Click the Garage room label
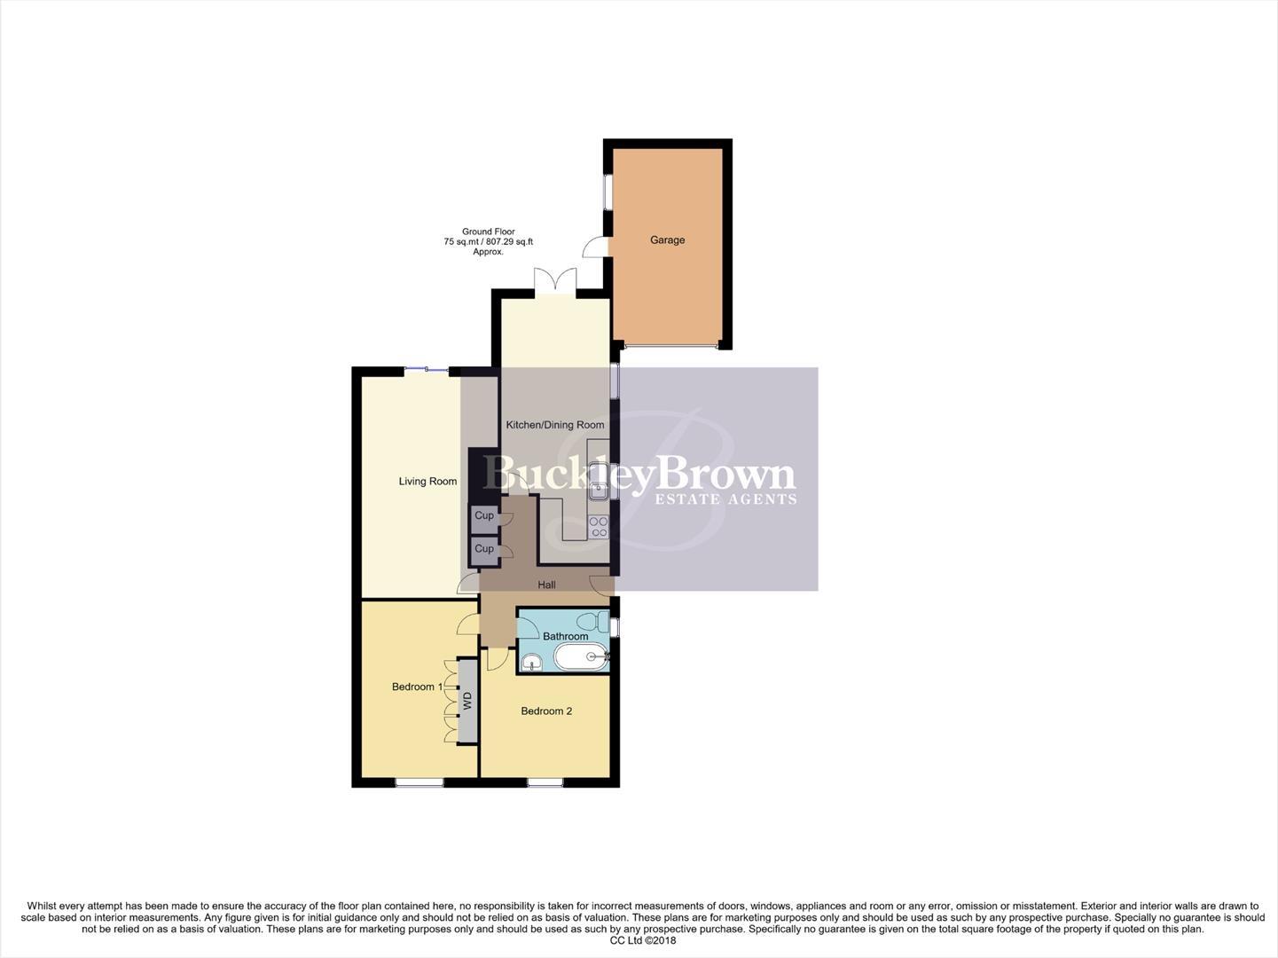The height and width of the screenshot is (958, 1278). [x=667, y=240]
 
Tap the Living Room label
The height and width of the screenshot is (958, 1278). [x=427, y=482]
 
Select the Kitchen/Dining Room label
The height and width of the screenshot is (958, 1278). [x=554, y=425]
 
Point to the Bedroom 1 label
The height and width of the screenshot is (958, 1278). [x=417, y=687]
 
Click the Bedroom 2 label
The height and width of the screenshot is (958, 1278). [x=546, y=711]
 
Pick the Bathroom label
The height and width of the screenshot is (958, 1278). [x=565, y=636]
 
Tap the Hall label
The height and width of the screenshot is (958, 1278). [x=546, y=585]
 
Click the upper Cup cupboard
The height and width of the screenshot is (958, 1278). [x=484, y=515]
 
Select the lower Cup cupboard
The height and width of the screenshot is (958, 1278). [x=484, y=549]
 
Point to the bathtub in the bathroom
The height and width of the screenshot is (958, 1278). [x=581, y=657]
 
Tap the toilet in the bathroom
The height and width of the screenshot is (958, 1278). [x=590, y=620]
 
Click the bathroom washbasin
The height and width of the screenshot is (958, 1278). [x=531, y=662]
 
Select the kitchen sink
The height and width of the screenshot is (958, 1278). [x=599, y=487]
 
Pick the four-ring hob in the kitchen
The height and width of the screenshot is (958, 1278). [x=599, y=527]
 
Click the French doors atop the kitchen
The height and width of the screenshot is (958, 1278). [x=555, y=281]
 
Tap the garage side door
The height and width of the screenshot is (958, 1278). [x=593, y=249]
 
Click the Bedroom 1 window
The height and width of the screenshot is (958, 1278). [x=419, y=782]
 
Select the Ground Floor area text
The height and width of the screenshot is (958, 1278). [x=488, y=241]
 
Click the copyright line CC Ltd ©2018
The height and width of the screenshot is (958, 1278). [x=638, y=940]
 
